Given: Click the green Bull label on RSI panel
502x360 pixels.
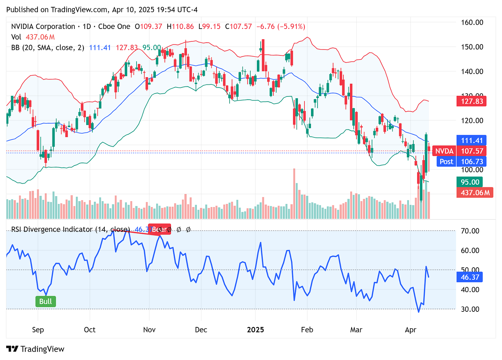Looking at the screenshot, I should point(46,301).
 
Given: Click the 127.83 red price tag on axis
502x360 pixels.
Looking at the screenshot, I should point(471,101).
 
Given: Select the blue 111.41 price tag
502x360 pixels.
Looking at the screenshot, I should point(471,141).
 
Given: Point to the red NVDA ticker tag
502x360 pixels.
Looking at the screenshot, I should point(444,151).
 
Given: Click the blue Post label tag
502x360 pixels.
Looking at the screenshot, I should point(446,162).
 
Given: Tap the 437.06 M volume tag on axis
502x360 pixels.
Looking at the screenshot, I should point(475,193).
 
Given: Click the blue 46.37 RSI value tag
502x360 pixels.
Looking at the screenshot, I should point(469,277).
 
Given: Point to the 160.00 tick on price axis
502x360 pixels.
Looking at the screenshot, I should point(472,22).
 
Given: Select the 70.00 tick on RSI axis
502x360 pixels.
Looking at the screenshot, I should point(470,231).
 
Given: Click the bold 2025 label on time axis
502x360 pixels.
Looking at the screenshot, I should point(255,330).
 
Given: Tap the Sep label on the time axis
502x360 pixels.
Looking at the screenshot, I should point(38,330).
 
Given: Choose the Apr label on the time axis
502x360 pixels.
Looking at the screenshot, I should point(410,330).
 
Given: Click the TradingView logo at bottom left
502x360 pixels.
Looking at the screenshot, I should point(36,349).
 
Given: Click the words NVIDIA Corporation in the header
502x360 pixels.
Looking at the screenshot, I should point(43,27).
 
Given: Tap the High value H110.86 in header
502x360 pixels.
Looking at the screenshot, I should point(180,27).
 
